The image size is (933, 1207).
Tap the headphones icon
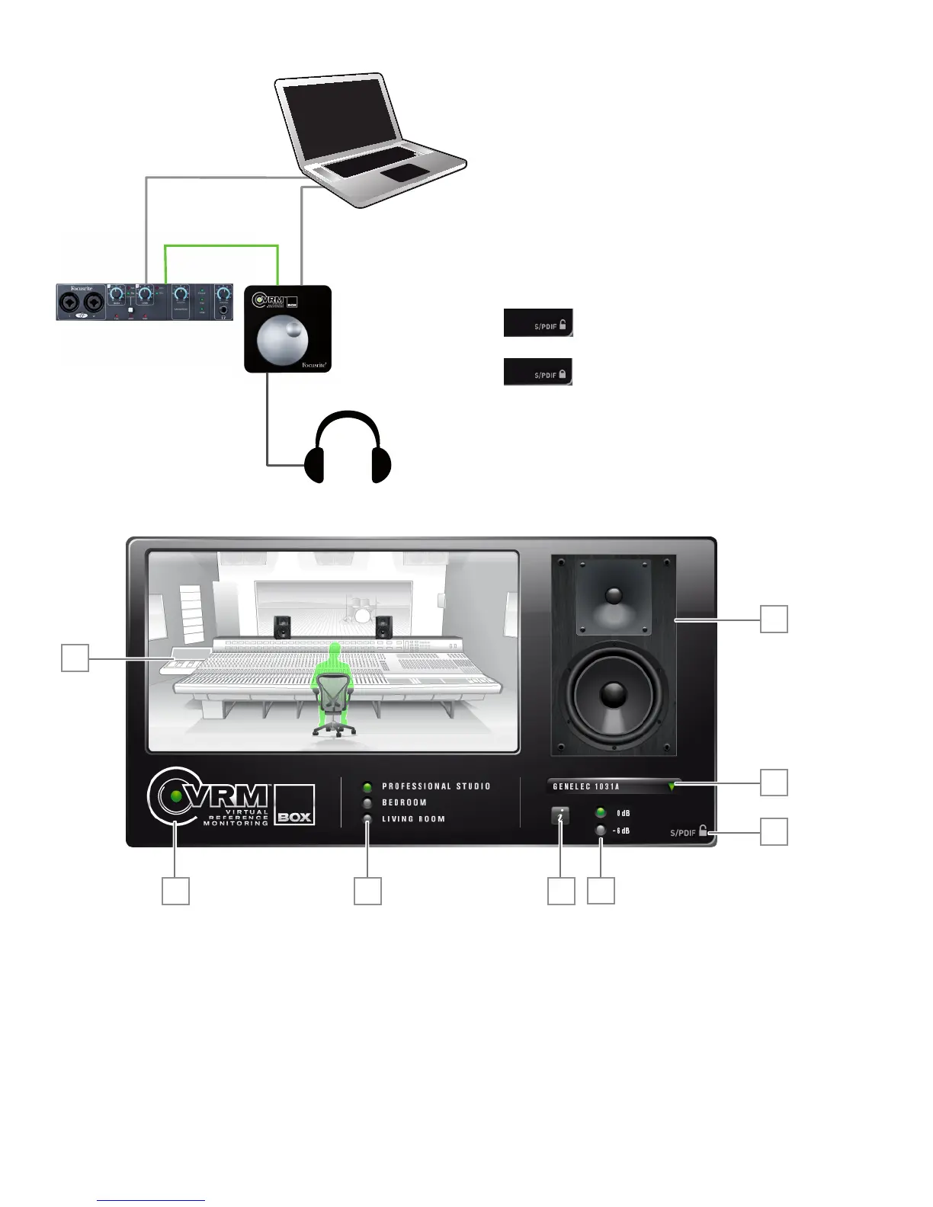tap(348, 450)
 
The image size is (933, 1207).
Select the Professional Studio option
tap(367, 787)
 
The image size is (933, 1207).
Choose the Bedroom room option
tap(367, 803)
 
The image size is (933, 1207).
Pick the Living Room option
tap(367, 819)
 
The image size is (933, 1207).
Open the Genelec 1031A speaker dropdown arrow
tap(672, 787)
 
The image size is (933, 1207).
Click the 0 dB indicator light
tap(601, 813)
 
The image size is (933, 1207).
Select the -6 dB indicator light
tap(601, 831)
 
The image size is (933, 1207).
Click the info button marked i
tap(560, 816)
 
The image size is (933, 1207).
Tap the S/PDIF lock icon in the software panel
tap(703, 831)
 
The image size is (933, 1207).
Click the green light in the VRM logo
tap(177, 796)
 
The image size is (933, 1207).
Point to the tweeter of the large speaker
tap(614, 595)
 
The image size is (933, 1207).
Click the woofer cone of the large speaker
tap(614, 694)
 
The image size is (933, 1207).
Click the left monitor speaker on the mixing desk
tap(282, 627)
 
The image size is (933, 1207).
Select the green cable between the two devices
tap(221, 246)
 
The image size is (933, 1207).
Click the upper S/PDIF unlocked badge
tap(538, 323)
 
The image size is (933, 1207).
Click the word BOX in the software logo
tap(294, 817)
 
